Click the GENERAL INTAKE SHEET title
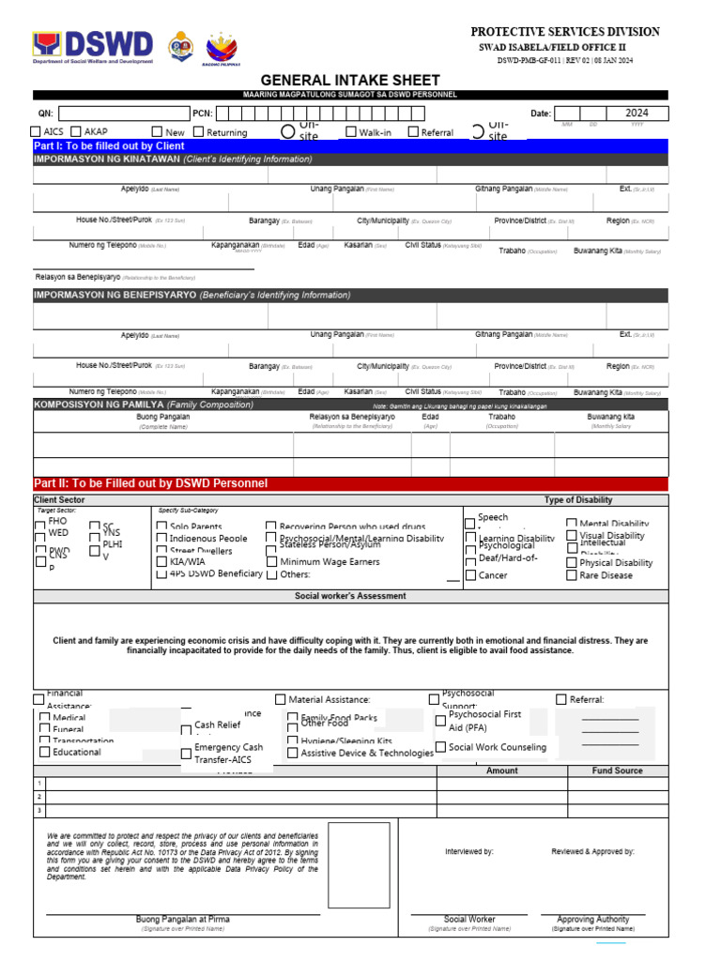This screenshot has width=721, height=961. point(350,81)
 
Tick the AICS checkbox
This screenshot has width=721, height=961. point(36,132)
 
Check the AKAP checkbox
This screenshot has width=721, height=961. point(76,132)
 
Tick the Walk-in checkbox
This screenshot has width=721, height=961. point(351,132)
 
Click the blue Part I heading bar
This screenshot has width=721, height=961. point(350,146)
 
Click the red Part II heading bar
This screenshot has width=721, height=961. point(350,483)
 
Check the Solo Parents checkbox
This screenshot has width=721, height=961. point(162,527)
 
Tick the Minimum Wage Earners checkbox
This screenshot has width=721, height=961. point(271,562)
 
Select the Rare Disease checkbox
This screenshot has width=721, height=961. point(572,575)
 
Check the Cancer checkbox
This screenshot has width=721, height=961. point(470,575)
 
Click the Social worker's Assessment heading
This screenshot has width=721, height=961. point(350,596)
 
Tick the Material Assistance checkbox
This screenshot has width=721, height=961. point(281,699)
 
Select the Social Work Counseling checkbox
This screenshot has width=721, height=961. point(440,748)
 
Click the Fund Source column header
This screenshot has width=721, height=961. point(617,770)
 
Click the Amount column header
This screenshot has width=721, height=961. point(501,770)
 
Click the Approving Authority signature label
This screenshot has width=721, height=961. point(592,920)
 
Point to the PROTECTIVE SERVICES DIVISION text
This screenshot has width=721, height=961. point(564,32)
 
